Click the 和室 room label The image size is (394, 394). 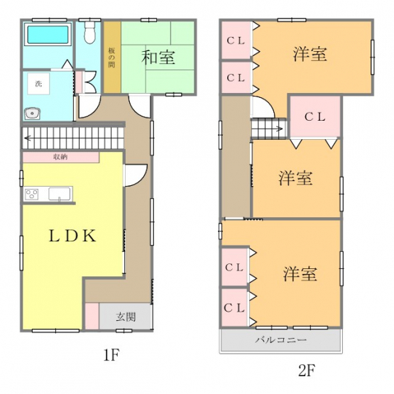(158, 57)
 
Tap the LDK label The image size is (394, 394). (72, 236)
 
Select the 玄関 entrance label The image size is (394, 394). (126, 317)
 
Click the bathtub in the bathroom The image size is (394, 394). (48, 35)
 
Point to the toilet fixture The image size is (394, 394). (89, 32)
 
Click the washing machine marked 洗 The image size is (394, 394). (38, 84)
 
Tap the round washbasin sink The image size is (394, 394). (33, 114)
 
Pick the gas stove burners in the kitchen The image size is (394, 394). (32, 194)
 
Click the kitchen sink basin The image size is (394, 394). (60, 194)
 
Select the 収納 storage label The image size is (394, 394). (60, 157)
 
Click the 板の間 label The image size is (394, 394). (112, 58)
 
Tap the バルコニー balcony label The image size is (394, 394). (281, 340)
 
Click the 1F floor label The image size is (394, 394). (111, 355)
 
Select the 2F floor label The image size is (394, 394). (307, 370)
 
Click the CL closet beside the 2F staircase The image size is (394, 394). (315, 116)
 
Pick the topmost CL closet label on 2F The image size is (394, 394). (236, 40)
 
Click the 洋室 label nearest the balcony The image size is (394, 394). (300, 273)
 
